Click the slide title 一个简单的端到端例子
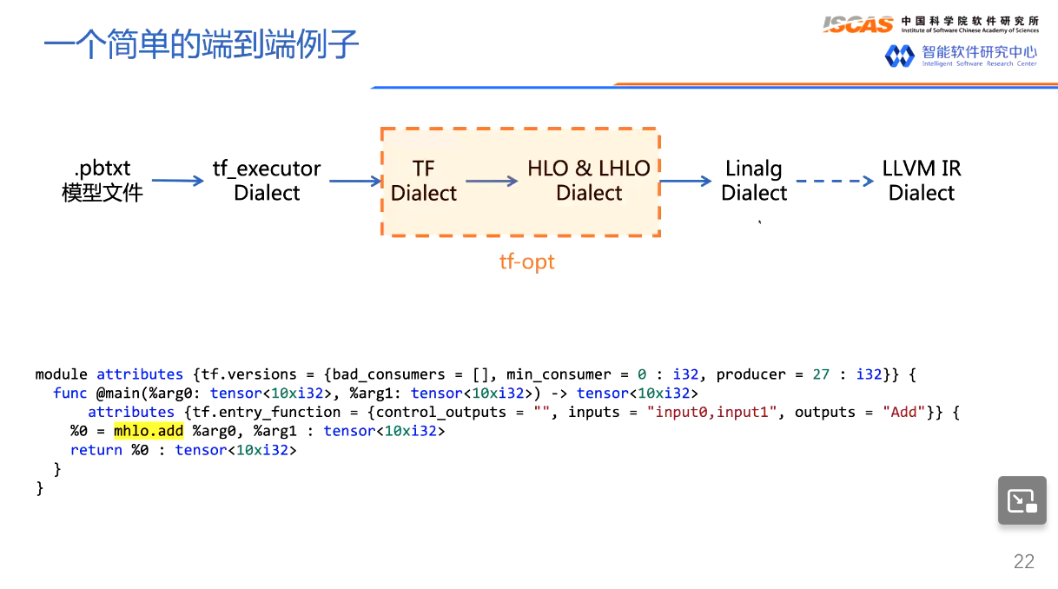pos(201,44)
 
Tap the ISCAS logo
pos(857,24)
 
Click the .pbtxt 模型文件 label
pos(102,181)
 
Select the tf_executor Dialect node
pos(267,181)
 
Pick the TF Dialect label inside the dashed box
pos(423,181)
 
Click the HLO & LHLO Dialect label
pos(589,181)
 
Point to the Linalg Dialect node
pos(754,181)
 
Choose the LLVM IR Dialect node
pos(922,181)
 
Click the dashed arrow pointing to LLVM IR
pos(834,182)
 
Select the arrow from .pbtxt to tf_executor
pos(177,182)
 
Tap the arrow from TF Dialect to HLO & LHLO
pos(492,182)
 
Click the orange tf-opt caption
pos(526,261)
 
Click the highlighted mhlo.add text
pos(149,431)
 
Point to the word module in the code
pos(61,374)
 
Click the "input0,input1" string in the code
pos(716,412)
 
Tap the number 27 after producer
pos(821,374)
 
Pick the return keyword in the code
pos(96,450)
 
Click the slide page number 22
pos(1024,561)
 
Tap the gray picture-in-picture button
pos(1022,500)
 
